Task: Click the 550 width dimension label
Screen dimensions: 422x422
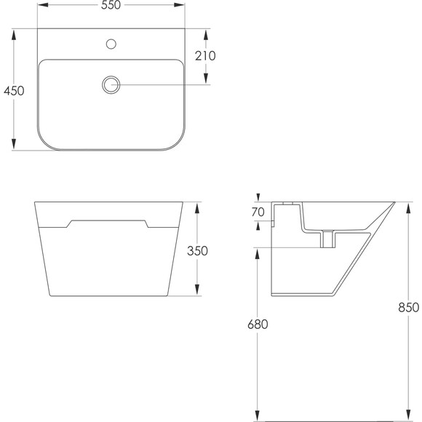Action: point(111,5)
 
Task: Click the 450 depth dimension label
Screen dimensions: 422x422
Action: point(14,91)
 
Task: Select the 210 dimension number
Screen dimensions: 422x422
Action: point(205,56)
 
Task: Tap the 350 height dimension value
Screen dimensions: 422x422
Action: point(198,251)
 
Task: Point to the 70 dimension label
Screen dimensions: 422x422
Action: point(258,212)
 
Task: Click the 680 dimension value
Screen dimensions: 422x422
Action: point(258,325)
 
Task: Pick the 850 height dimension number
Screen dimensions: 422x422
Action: point(409,307)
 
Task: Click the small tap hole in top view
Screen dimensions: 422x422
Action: point(111,44)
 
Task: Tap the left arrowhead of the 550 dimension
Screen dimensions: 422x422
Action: point(42,5)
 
